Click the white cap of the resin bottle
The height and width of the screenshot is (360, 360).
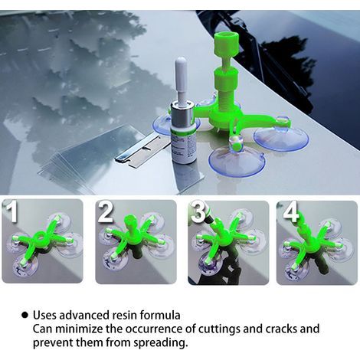coord(181,79)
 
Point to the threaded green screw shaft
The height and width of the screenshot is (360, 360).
coord(227,93)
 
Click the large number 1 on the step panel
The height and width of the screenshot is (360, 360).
coord(11,211)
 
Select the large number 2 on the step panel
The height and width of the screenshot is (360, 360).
coord(106,211)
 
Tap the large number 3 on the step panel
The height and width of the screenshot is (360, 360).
coord(199,211)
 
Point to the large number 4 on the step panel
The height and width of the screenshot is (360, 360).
coord(291,211)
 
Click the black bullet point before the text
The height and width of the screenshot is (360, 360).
coord(25,315)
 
